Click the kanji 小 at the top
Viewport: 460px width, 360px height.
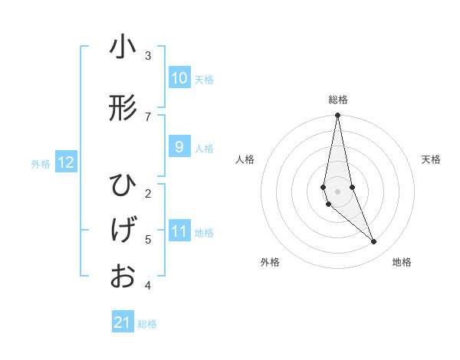point(123,47)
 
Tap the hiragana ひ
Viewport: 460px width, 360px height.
point(123,186)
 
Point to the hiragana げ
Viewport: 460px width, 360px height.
point(123,230)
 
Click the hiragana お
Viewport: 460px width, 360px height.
point(123,275)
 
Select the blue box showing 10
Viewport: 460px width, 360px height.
point(179,78)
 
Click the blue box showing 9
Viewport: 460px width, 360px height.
point(179,147)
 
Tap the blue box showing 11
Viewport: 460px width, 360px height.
point(179,231)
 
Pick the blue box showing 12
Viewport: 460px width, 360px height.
point(66,162)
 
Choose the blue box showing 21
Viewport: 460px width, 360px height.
point(123,322)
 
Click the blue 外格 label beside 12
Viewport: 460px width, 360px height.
point(41,163)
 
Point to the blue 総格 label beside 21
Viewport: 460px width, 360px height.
point(147,324)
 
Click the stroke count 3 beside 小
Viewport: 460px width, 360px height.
point(148,56)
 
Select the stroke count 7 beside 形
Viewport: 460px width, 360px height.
point(148,116)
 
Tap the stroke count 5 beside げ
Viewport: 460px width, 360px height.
point(148,239)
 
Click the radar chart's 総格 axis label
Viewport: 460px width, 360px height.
point(338,100)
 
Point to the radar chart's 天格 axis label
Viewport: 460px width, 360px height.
point(432,159)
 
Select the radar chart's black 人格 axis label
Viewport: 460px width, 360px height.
point(245,159)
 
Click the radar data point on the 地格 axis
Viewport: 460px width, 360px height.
point(374,242)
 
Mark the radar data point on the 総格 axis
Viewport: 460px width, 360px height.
point(337,116)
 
